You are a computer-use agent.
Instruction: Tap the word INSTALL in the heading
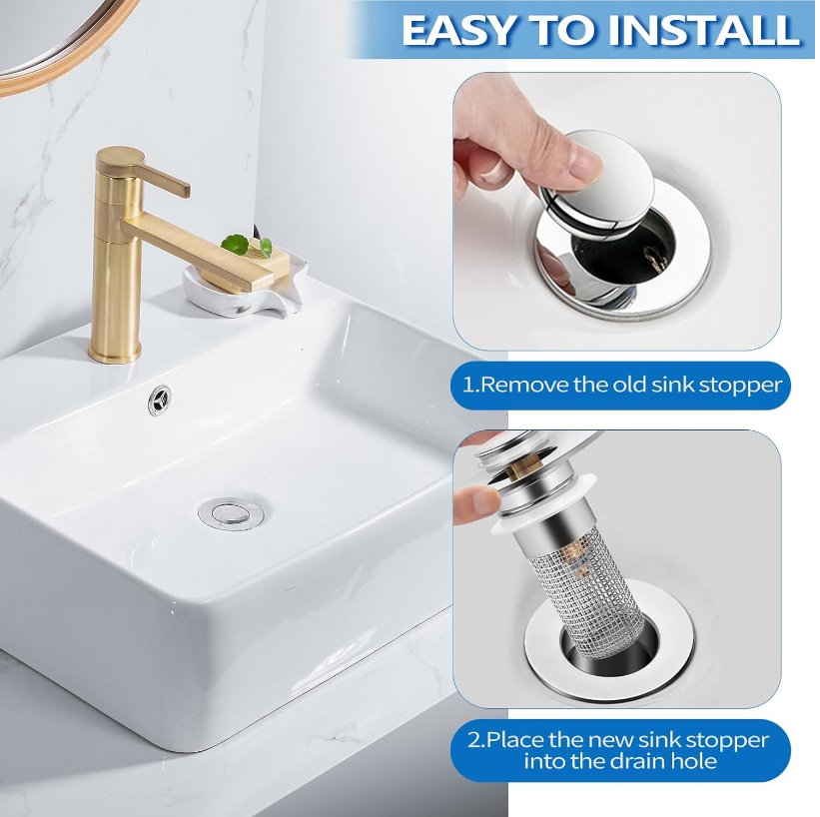707,30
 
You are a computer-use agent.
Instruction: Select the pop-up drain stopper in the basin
229,511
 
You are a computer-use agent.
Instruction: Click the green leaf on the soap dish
236,243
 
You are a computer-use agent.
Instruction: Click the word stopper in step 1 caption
739,385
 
